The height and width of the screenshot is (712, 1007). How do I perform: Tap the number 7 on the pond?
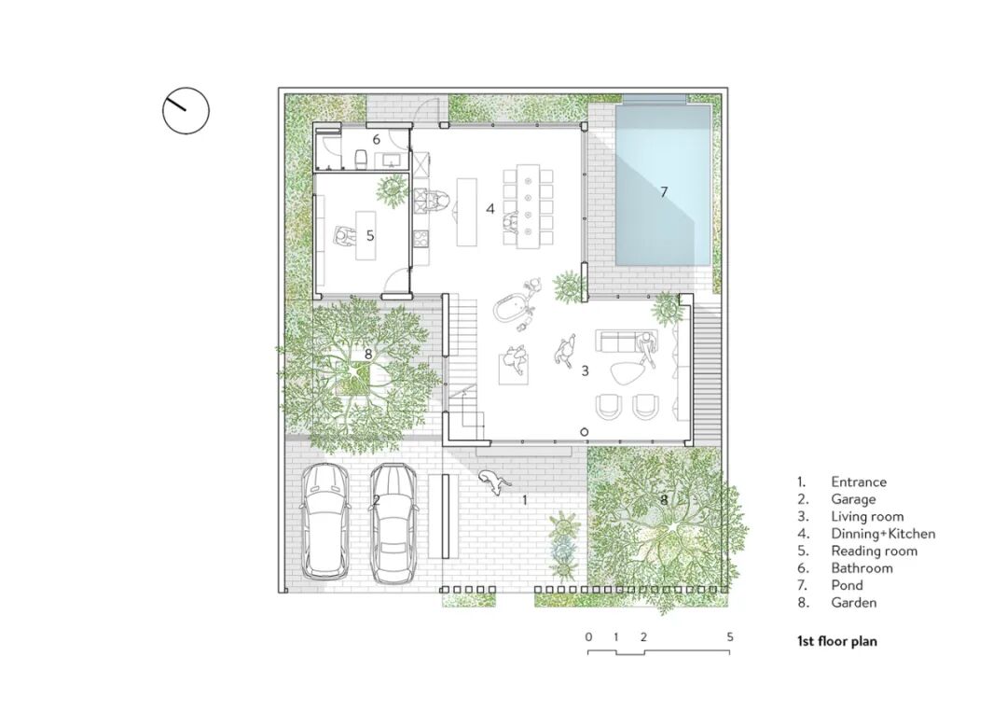[x=664, y=191]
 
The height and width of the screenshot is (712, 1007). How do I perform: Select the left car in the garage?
[x=325, y=520]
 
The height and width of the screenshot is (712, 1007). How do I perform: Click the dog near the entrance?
[x=494, y=482]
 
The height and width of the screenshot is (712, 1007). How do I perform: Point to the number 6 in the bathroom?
[x=377, y=139]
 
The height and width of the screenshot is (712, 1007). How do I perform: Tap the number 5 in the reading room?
[x=370, y=236]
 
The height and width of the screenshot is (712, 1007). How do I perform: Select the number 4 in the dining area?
[x=490, y=208]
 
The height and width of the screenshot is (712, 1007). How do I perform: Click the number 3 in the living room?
[x=585, y=370]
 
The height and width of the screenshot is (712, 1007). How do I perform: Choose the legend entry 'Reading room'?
[x=874, y=551]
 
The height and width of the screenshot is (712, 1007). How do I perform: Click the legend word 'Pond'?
[x=847, y=585]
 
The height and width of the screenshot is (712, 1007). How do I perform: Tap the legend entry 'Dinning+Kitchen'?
[x=883, y=534]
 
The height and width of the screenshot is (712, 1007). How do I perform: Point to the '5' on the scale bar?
[x=729, y=636]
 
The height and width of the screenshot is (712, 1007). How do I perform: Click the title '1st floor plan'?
[x=836, y=641]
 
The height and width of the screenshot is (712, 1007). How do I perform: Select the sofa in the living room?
[x=619, y=341]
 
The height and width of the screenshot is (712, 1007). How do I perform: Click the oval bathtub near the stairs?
[x=509, y=306]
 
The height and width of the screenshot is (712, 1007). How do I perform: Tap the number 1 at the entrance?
[x=525, y=499]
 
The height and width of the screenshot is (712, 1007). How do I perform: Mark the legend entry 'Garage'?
[x=853, y=499]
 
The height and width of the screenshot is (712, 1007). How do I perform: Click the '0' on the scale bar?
[x=589, y=636]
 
